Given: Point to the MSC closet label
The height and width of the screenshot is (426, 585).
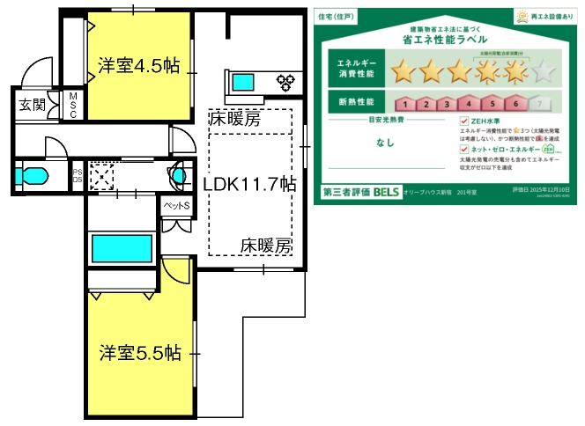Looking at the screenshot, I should point(74,105).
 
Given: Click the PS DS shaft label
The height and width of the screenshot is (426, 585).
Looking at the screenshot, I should point(77,175).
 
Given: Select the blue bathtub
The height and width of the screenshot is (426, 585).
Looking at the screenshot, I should point(122,247).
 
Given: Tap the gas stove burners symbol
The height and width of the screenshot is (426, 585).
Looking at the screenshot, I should point(287,84).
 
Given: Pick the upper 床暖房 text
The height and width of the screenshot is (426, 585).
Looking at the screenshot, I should point(235,118).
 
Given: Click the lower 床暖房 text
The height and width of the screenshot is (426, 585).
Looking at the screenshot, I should point(265,246).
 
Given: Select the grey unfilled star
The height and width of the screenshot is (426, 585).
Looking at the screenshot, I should point(544,70).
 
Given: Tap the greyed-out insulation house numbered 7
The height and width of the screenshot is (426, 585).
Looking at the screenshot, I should point(538,103).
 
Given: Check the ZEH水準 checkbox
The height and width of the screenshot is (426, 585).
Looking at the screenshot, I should point(464,121).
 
